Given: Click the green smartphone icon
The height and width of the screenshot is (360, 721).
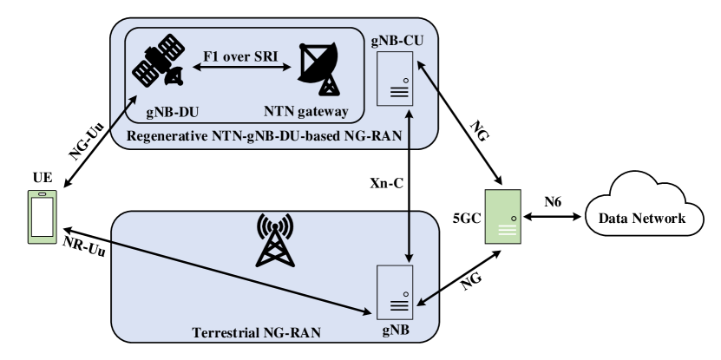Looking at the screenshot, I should tap(42, 215).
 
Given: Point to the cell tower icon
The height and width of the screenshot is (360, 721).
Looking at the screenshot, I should tap(275, 239).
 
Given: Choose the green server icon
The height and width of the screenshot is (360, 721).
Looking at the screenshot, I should tap(502, 215).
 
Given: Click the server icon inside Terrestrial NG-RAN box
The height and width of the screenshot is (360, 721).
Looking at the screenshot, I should tap(396, 292).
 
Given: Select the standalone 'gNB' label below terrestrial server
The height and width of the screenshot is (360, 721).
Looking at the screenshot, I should tap(396, 332).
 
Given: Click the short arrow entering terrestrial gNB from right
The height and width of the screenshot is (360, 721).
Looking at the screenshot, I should tap(429, 299).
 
